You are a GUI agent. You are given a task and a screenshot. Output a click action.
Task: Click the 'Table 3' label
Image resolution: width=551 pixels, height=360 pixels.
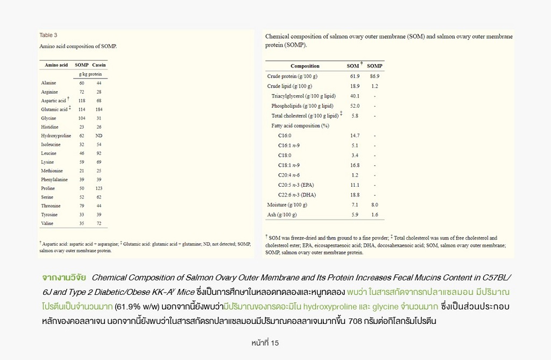coord(48,36)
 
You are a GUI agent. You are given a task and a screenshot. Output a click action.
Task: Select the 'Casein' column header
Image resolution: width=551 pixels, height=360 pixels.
coord(98,65)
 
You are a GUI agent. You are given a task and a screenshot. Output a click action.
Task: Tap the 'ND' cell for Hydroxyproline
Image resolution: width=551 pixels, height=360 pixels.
coord(99,136)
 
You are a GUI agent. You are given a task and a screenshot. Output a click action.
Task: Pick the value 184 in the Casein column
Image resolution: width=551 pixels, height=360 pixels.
coord(99,109)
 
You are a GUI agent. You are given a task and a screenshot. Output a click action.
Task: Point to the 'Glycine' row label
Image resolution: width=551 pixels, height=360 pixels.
coord(48,118)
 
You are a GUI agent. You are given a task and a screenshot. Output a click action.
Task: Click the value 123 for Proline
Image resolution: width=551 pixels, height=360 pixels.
coord(99,188)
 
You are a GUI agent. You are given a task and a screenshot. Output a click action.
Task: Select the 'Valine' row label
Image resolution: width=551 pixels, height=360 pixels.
coord(47,223)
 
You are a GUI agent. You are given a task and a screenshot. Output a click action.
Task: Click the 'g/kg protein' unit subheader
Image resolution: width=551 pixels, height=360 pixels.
coord(90,74)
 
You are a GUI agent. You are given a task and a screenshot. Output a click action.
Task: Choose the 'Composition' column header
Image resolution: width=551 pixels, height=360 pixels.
coord(305,66)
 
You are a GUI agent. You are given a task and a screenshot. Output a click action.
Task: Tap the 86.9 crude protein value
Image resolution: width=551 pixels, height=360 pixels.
coord(375,76)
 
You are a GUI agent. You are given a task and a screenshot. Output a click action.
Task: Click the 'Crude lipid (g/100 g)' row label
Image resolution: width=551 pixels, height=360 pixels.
coord(289,86)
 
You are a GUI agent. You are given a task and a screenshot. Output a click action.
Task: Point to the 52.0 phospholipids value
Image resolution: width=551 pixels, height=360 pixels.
coord(355,106)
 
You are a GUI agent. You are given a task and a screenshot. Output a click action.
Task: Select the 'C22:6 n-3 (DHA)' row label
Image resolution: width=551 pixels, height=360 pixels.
coord(297,195)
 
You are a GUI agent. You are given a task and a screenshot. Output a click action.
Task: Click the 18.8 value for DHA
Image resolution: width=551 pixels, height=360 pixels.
coord(355,195)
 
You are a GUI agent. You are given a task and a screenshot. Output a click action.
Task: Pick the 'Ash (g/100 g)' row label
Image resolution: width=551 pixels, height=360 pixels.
coord(282,215)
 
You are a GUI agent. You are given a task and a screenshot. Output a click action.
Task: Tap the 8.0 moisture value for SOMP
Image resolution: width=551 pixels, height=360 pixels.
coord(375,205)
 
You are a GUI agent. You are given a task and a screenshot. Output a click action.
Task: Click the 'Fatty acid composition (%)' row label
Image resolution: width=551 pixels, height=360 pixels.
coord(300,126)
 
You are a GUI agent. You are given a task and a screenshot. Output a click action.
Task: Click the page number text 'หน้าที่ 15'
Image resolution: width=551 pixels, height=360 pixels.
coord(265,343)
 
